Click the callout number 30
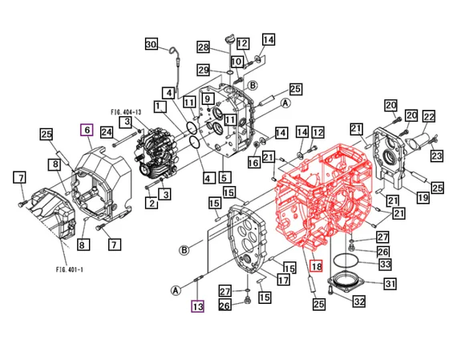152,45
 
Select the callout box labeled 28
204,47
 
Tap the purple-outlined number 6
87,130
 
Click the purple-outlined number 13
197,305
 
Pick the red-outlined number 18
315,266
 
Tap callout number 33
385,264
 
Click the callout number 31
390,284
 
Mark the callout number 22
429,117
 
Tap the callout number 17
283,280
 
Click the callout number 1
160,106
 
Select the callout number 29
204,70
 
